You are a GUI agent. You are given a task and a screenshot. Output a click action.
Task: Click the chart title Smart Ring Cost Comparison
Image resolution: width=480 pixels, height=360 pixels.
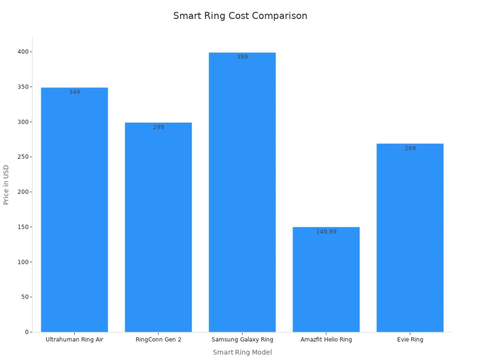click(x=240, y=16)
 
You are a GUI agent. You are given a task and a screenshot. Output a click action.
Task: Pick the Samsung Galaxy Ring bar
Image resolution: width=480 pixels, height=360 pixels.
click(x=242, y=192)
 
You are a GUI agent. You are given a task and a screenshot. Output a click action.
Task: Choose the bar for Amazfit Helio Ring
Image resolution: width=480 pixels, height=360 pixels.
click(x=326, y=280)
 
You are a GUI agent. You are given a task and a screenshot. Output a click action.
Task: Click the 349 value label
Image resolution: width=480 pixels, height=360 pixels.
click(x=74, y=92)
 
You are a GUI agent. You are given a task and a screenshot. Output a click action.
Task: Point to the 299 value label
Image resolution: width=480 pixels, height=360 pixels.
click(x=158, y=127)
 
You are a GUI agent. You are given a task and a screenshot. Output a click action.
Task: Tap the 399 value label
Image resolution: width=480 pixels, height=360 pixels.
click(x=242, y=57)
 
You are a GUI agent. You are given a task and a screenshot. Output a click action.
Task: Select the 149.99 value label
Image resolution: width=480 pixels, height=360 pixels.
click(x=326, y=232)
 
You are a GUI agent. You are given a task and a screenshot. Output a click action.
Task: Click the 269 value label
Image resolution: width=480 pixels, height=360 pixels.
click(x=410, y=148)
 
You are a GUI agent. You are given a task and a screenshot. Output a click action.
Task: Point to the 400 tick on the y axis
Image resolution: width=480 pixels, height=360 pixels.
click(x=22, y=52)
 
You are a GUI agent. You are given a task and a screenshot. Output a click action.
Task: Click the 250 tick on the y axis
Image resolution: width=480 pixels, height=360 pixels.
click(x=22, y=157)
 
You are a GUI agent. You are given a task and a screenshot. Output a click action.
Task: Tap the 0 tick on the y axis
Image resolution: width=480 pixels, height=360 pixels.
click(x=26, y=332)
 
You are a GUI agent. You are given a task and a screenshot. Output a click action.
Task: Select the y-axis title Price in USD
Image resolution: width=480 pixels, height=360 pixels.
click(x=6, y=185)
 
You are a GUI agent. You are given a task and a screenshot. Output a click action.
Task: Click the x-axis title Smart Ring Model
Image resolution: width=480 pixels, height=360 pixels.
click(x=242, y=352)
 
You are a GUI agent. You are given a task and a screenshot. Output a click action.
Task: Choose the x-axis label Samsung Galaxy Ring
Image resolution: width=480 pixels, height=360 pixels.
click(x=242, y=340)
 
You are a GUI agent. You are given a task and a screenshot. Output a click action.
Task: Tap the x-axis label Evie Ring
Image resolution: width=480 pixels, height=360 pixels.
click(x=410, y=340)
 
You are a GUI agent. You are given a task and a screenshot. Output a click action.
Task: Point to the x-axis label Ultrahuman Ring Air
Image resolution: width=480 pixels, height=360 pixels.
click(x=74, y=340)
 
